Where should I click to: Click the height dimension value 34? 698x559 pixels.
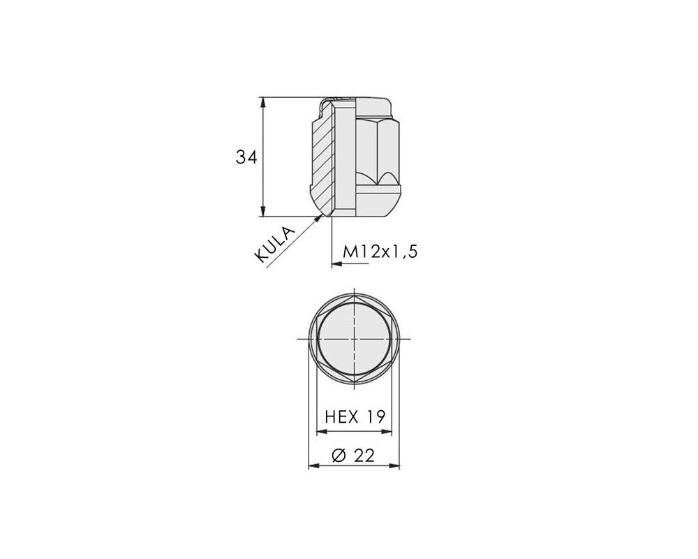[x=246, y=157]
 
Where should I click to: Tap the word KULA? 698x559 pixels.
[x=274, y=245]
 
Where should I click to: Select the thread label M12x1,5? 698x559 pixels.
[x=380, y=252]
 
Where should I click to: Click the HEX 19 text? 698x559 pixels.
[x=355, y=416]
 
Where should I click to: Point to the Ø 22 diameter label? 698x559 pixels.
[x=353, y=456]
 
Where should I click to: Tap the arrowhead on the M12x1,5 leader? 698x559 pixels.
[x=337, y=264]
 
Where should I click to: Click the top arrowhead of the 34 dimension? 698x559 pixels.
[x=263, y=102]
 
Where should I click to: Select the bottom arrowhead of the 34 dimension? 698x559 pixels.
[x=263, y=211]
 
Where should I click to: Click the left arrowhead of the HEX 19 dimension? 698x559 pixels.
[x=321, y=432]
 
